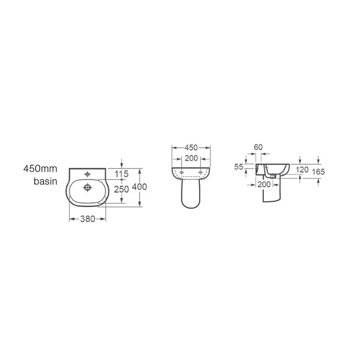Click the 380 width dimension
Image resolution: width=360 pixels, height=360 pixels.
point(88,219)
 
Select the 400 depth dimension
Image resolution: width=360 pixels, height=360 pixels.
point(139,187)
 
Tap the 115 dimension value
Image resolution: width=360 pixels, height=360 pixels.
point(122,174)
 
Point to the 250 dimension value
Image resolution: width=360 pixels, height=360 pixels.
point(122,189)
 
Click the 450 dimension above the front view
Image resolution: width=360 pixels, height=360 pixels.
point(191,148)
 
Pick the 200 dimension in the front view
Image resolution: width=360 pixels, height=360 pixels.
point(191,158)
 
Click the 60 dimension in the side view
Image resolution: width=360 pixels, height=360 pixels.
point(258,147)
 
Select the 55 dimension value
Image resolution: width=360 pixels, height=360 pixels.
point(239,167)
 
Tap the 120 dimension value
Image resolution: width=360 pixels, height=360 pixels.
point(302,170)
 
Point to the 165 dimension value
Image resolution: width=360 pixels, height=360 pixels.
point(318,172)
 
